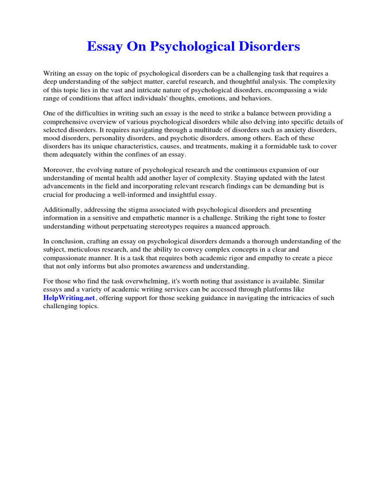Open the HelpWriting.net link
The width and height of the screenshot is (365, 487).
70,298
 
